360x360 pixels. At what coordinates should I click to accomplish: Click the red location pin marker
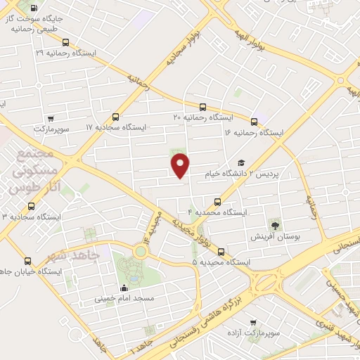181,165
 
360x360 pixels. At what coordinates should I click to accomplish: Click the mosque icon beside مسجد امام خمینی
124,287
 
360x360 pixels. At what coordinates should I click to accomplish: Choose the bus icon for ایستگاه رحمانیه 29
65,42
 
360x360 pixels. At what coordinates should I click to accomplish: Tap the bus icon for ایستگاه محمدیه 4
217,202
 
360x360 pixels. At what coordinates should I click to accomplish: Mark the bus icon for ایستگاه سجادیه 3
31,206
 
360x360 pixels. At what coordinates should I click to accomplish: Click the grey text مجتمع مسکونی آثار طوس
34,174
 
